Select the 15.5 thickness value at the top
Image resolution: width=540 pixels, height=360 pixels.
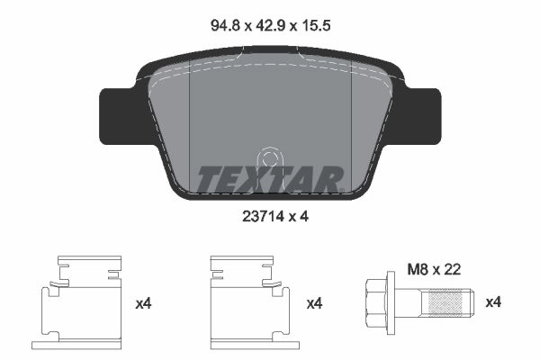[x=316, y=25]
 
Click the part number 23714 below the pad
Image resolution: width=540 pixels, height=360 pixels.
[x=263, y=217]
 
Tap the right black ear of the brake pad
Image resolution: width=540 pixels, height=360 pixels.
[x=422, y=116]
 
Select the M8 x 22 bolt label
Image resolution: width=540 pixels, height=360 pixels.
[x=434, y=270]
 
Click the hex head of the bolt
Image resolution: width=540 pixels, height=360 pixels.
[x=376, y=302]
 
